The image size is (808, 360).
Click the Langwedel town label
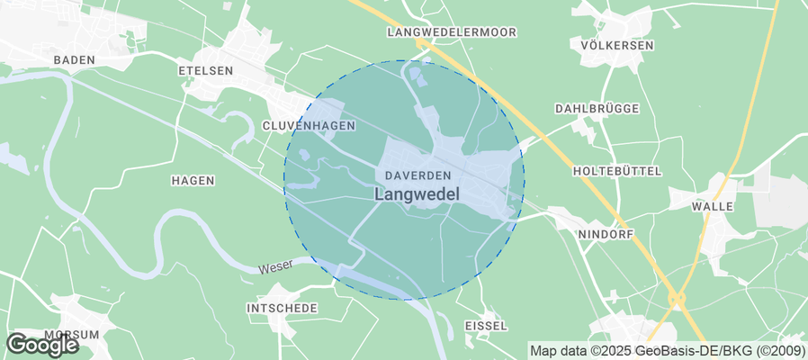(417, 193)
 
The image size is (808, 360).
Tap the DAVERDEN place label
(417, 174)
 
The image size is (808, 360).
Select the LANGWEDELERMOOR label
(452, 31)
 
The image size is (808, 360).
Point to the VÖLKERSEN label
(617, 45)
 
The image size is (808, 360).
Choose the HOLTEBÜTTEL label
(617, 170)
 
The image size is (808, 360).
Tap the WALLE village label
(713, 206)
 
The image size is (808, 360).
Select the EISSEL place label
(486, 325)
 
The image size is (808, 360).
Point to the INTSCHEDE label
(282, 308)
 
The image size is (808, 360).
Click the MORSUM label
(71, 334)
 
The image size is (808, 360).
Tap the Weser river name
(275, 268)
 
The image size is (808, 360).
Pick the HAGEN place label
(193, 180)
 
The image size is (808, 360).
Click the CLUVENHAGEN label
(309, 125)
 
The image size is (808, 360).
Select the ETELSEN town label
(206, 69)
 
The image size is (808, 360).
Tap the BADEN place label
(74, 59)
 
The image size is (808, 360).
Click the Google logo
(41, 344)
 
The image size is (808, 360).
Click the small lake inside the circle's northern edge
(414, 73)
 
